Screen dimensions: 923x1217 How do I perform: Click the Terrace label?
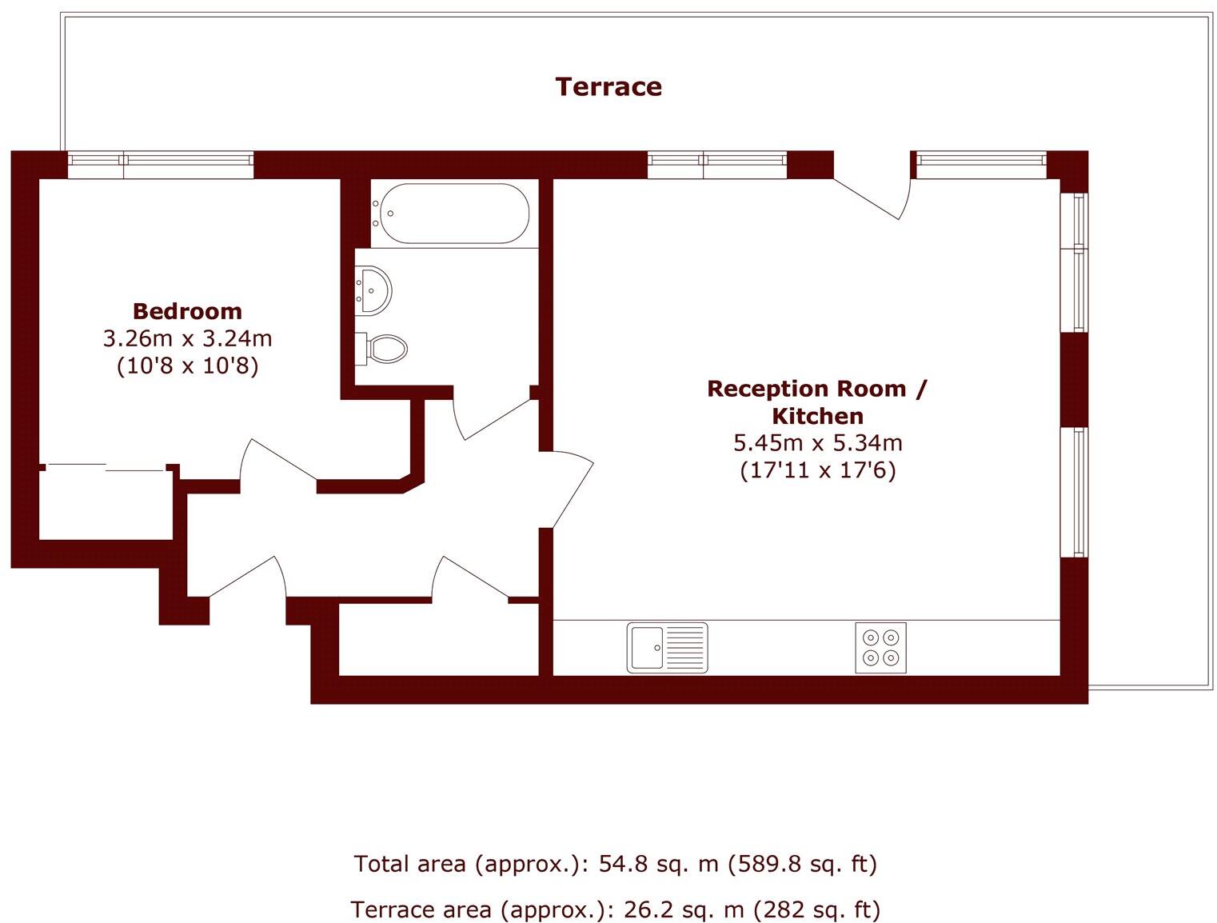608,86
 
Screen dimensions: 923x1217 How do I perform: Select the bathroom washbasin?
374,290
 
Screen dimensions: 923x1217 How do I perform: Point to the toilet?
385,349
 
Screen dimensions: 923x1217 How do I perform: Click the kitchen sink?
667,647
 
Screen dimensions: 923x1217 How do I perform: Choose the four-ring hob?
880,647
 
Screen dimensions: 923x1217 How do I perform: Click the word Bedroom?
187,311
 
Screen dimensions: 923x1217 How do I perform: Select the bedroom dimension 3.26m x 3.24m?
187,338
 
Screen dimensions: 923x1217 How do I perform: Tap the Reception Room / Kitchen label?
817,402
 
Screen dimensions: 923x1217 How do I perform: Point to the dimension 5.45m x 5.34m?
817,442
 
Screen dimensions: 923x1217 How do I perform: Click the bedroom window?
161,165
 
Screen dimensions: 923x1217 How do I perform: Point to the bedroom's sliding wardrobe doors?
106,466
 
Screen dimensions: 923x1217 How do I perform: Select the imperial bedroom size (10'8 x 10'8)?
187,366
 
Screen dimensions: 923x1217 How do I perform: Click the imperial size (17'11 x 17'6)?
817,469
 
